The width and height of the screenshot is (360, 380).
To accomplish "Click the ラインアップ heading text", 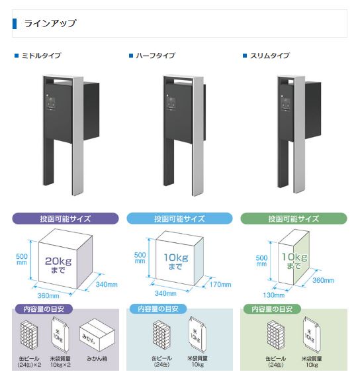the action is coord(50,24).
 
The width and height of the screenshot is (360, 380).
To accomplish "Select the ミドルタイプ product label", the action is coord(41,56).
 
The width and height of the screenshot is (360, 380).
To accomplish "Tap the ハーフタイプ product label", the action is coord(155,56).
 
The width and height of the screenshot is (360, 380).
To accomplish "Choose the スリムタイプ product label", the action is coord(269,56).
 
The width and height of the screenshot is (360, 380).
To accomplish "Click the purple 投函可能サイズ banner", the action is coord(66,218).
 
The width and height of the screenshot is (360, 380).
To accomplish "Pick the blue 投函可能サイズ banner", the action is coord(179,218).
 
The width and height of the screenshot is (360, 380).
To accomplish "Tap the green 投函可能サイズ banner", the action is coord(294,218).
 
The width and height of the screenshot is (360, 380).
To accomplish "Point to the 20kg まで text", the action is coord(58,265).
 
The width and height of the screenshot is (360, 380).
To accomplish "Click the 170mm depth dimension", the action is coord(220,285).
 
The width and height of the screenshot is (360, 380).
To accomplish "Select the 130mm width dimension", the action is coord(274,295).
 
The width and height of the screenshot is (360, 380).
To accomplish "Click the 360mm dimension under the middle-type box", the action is coord(48,296).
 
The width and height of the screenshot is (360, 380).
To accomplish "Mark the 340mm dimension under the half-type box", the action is coord(165,293).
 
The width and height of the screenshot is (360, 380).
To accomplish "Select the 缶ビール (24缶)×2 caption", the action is coord(29,361).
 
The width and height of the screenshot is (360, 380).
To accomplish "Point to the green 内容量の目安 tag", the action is coord(272,309).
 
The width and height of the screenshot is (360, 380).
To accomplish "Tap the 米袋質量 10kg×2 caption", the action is coord(60,361).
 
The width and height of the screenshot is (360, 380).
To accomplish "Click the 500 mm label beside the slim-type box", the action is coord(261,261).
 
